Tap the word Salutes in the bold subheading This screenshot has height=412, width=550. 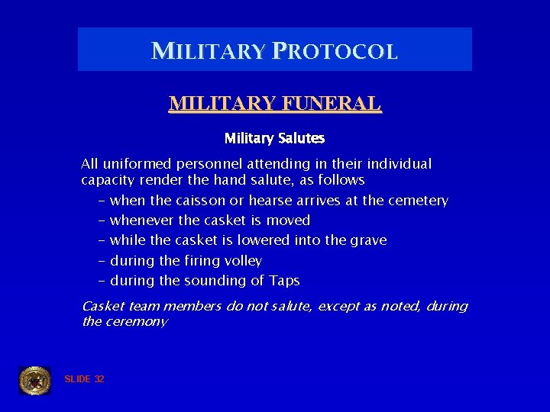coord(300,138)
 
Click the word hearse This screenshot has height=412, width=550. coord(267,201)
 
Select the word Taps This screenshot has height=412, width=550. coord(284,280)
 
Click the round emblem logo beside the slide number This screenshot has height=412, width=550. coord(35,380)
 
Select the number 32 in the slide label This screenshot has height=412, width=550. coord(99,379)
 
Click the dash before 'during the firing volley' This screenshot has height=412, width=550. coord(102,260)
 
